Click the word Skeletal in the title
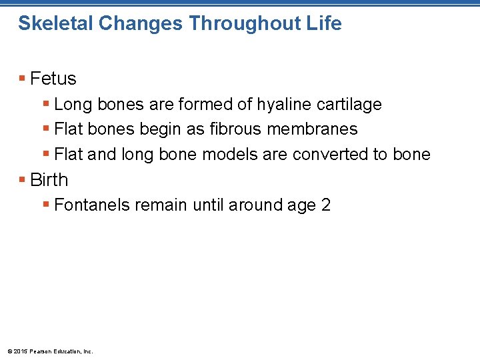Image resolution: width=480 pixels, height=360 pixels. [55, 23]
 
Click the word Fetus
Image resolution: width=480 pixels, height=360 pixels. [53, 79]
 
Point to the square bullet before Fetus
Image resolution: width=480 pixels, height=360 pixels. [23, 79]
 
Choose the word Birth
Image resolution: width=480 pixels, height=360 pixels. [49, 180]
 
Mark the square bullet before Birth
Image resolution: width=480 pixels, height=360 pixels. [23, 180]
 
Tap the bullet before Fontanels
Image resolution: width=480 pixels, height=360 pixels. [46, 205]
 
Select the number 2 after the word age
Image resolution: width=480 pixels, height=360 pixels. [325, 205]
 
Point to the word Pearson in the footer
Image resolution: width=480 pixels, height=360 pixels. [39, 351]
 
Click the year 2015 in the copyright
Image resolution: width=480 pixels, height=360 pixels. [19, 351]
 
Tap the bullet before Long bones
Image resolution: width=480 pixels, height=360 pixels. [46, 105]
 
